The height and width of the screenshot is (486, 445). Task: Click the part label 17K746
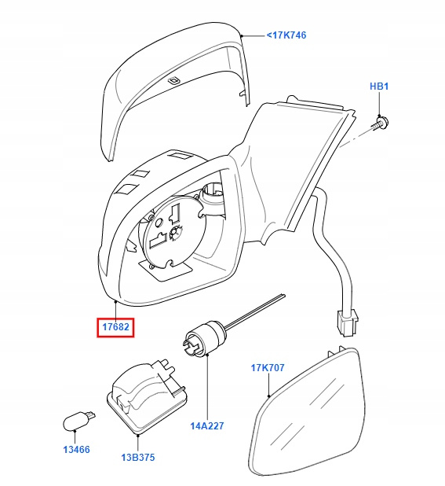(286, 35)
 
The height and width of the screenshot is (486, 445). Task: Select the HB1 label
(379, 87)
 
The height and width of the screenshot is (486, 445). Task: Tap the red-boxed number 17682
(115, 326)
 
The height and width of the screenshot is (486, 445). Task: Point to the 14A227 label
(207, 425)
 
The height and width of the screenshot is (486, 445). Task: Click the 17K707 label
(268, 367)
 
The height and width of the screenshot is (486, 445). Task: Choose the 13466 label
(76, 449)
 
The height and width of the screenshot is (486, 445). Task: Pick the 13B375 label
(138, 457)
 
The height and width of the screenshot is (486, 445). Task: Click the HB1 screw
(380, 123)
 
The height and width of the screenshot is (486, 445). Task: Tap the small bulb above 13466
(78, 420)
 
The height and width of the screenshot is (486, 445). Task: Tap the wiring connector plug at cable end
(348, 322)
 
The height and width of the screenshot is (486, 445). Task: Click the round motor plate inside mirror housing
(173, 232)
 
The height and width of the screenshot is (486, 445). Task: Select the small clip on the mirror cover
(173, 80)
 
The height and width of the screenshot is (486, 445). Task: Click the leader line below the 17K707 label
(268, 385)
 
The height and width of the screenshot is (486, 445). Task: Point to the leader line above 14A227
(207, 388)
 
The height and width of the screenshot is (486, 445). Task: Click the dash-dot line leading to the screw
(355, 138)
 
